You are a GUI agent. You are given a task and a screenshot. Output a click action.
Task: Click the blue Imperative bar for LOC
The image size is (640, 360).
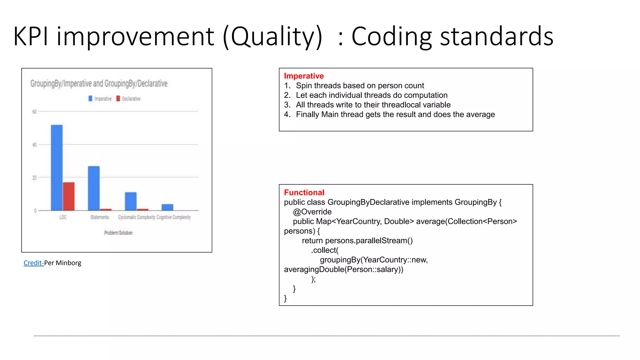[x=57, y=167]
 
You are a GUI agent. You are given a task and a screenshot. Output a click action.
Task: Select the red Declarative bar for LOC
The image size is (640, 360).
[x=69, y=196]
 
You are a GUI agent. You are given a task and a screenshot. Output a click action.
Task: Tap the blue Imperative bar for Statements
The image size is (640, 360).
[x=94, y=188]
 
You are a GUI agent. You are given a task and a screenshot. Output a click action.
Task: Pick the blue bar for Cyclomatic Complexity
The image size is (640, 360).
[x=131, y=201]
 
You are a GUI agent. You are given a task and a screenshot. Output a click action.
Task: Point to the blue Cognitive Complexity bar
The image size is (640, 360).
[x=167, y=207]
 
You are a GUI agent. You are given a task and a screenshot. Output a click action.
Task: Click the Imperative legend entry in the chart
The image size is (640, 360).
[x=100, y=99]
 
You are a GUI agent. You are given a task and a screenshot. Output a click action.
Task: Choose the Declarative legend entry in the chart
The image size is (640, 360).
[x=128, y=99]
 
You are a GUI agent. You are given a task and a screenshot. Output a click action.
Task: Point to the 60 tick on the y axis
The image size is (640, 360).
[x=34, y=112]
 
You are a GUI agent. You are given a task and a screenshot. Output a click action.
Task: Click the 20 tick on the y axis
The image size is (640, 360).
[x=34, y=178]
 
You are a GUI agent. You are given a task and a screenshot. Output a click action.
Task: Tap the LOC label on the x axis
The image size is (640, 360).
[x=63, y=217]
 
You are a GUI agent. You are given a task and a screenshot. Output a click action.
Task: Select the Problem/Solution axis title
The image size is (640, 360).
[x=118, y=233]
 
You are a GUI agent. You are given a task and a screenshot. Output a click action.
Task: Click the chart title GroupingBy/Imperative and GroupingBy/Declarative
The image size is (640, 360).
[x=99, y=83]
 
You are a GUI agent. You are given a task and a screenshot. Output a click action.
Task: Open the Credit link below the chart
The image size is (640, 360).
[x=33, y=263]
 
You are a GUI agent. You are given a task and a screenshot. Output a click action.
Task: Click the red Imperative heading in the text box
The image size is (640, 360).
[x=304, y=76]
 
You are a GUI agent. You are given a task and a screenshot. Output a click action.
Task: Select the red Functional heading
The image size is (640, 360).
[x=304, y=192]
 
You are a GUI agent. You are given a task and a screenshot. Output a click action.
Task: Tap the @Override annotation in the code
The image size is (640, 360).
[x=312, y=212]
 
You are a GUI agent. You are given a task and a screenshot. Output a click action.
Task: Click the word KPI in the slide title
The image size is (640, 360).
[x=31, y=36]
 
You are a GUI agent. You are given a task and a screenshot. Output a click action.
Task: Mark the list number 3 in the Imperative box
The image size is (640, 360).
[x=287, y=105]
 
